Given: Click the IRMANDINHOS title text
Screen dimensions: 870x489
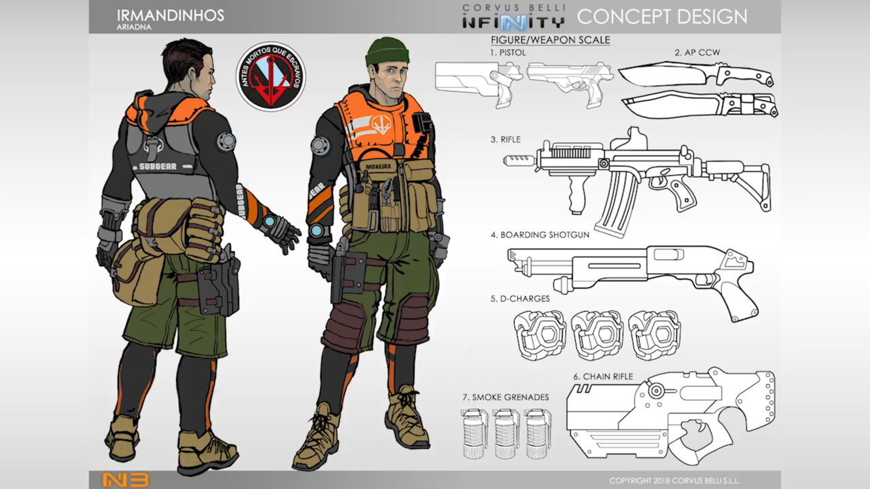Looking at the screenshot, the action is click(x=171, y=15).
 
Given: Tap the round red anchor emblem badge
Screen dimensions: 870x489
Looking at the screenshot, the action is click(x=270, y=77).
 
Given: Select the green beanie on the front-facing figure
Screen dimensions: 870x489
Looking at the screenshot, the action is click(x=386, y=52).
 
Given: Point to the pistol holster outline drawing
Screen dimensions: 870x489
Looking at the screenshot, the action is click(x=476, y=79).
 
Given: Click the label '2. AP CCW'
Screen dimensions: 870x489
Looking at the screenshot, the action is click(x=697, y=52).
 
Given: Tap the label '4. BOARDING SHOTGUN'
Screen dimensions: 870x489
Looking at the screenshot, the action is click(x=540, y=235).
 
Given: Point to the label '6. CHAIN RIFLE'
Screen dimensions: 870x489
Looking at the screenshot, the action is click(x=602, y=377).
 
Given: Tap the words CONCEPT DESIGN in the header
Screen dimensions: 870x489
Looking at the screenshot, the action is click(x=661, y=16).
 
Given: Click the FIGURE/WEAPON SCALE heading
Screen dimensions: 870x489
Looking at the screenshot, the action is click(x=550, y=40).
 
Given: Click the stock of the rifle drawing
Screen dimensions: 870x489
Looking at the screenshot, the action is click(x=744, y=179).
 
